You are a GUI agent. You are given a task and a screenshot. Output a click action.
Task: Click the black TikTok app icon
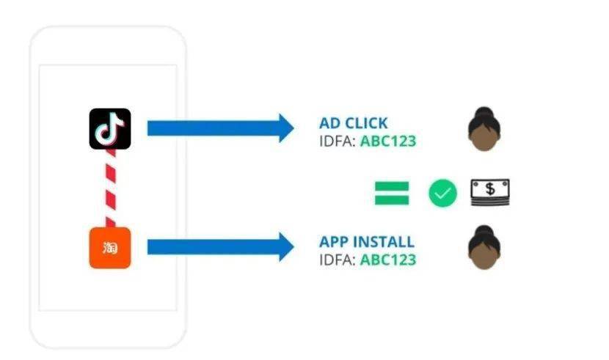pos(110,129)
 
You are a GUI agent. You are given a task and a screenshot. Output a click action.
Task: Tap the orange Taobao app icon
pos(110,248)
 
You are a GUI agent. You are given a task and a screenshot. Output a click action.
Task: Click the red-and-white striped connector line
pos(111,188)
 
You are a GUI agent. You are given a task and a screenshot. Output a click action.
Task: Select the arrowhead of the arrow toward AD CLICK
pos(286,128)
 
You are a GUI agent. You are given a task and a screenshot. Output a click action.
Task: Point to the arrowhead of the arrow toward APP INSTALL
pos(286,247)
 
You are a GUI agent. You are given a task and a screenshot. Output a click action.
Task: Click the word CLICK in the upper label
pos(365,123)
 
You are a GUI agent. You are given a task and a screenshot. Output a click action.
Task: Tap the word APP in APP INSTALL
pos(334,242)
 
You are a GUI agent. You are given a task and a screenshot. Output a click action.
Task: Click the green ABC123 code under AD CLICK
pos(388,142)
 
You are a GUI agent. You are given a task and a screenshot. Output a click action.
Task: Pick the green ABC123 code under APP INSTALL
pos(388,260)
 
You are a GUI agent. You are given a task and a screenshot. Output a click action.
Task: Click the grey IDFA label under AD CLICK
pos(338,142)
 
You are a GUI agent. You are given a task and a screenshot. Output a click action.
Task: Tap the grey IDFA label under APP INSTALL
pos(338,260)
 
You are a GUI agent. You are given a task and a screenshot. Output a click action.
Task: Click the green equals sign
pos(392,193)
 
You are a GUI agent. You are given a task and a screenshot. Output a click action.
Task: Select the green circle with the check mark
pos(442,193)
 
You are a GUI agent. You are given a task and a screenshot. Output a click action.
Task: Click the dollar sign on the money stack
pos(490,189)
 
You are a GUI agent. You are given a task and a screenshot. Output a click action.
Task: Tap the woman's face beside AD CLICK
pos(484,137)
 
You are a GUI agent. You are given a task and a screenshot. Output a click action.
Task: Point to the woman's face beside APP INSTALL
pos(484,256)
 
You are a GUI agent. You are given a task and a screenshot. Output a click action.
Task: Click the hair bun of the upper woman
pos(484,111)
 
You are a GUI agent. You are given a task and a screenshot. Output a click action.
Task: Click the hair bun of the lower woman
pos(484,229)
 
